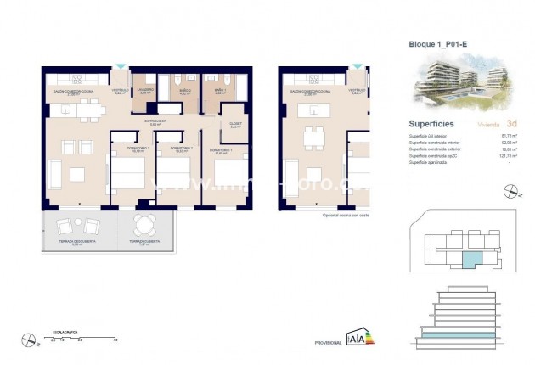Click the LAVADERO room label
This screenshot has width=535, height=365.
click(145, 91)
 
